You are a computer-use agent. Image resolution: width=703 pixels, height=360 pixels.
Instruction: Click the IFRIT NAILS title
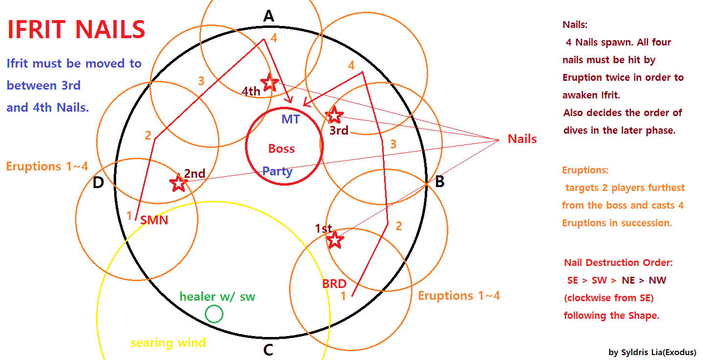coord(76,29)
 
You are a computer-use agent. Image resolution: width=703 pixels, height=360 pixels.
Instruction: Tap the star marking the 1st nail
coord(335,240)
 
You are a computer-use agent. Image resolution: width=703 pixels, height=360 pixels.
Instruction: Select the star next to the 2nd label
coord(178,183)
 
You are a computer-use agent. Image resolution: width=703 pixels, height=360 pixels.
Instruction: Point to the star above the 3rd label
coord(334,115)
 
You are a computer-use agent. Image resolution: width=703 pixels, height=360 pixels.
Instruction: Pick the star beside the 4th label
coord(269,82)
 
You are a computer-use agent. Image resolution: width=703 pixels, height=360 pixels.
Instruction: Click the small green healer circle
coord(214,313)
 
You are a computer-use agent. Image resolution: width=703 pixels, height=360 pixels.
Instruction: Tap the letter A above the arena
coord(268,16)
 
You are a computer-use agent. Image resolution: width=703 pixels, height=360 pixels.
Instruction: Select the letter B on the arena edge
coord(440,181)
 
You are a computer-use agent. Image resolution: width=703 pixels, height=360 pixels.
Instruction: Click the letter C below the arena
coord(268,350)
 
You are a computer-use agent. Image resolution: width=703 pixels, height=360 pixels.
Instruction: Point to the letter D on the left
coord(98,182)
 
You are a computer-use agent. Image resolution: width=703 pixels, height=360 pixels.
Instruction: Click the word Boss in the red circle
coord(282,148)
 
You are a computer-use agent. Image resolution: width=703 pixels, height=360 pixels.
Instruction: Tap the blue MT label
coord(291,119)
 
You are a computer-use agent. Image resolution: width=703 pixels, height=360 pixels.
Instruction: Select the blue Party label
coord(277,171)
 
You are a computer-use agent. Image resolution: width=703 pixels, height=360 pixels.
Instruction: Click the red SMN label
coord(154,220)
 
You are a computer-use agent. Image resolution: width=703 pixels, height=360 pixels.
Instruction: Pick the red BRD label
coord(334,284)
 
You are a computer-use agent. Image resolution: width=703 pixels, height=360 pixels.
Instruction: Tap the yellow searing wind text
coord(168,342)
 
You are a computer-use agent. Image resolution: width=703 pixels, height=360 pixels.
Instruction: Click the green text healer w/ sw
coord(218,296)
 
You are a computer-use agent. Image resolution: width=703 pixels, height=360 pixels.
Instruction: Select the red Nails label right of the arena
coord(522,139)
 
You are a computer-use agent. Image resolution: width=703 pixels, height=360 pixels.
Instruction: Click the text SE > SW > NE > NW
coord(617,280)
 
